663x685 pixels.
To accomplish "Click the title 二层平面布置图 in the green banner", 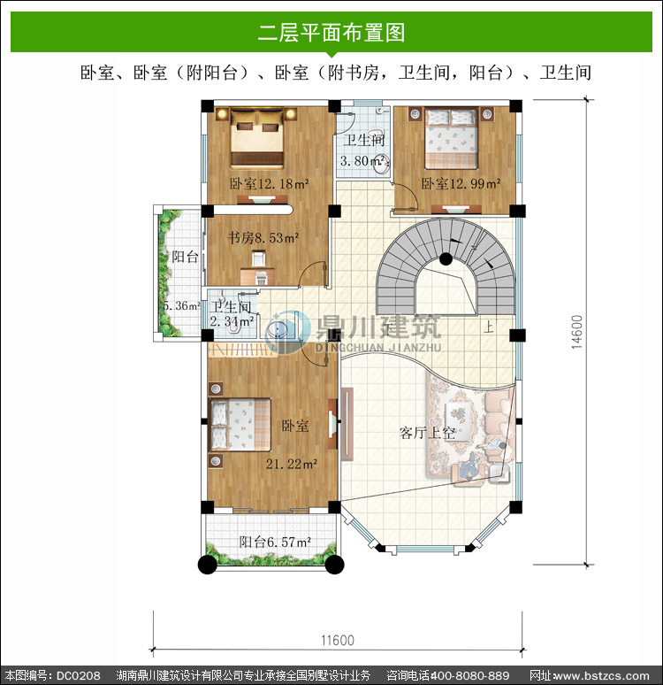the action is tap(331, 33).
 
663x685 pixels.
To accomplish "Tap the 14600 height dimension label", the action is tap(577, 332).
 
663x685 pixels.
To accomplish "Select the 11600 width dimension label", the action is tap(338, 641).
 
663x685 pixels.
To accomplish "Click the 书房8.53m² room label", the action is tap(263, 238).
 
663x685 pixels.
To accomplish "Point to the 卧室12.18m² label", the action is tap(270, 184).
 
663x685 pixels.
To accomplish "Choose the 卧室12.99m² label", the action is tap(461, 184).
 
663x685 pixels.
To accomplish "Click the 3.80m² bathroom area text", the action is tap(364, 161).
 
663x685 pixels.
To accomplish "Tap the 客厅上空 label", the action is tap(427, 433).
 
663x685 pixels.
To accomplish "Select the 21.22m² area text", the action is tap(292, 464).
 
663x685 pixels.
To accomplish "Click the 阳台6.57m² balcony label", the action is tap(275, 543).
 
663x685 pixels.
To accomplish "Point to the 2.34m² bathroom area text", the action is tap(232, 321).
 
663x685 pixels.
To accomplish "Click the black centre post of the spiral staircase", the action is tap(446, 259).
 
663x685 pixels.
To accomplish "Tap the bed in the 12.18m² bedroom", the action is tap(257, 138).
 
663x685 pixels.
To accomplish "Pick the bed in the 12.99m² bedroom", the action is tap(452, 138).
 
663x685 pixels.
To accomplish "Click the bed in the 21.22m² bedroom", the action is tap(240, 425).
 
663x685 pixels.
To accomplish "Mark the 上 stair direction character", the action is tap(489, 327).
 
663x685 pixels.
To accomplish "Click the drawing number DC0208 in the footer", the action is tap(79, 675).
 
